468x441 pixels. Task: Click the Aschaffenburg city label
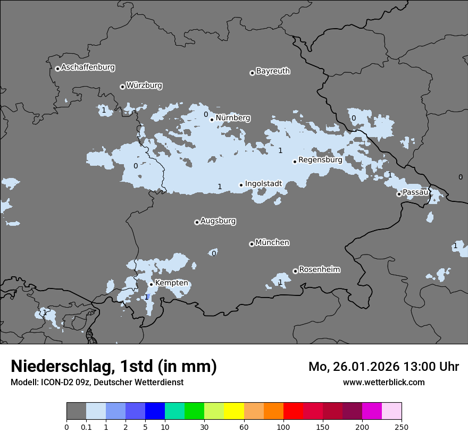(x=88, y=67)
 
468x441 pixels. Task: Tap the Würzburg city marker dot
(x=122, y=87)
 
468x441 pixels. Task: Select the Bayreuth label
(x=273, y=71)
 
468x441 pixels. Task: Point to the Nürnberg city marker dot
(x=212, y=120)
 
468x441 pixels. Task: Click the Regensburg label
(x=320, y=159)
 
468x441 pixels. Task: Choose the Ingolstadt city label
(x=263, y=184)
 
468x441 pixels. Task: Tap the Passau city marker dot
(x=399, y=194)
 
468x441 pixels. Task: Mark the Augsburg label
(x=218, y=221)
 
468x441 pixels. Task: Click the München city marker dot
(x=252, y=244)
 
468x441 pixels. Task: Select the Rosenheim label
(x=319, y=270)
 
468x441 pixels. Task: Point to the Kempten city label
(x=171, y=283)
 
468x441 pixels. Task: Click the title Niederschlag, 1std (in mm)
(x=114, y=367)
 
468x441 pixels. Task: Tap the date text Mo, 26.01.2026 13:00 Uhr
(x=383, y=367)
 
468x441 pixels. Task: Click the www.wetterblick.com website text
(x=383, y=382)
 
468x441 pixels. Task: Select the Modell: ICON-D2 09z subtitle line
(x=97, y=382)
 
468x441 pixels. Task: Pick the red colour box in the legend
(x=293, y=411)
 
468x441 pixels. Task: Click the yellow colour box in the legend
(x=234, y=411)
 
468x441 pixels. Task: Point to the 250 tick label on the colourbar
(x=401, y=427)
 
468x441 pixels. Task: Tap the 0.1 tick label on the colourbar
(x=86, y=427)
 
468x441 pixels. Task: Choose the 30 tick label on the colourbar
(x=204, y=427)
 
